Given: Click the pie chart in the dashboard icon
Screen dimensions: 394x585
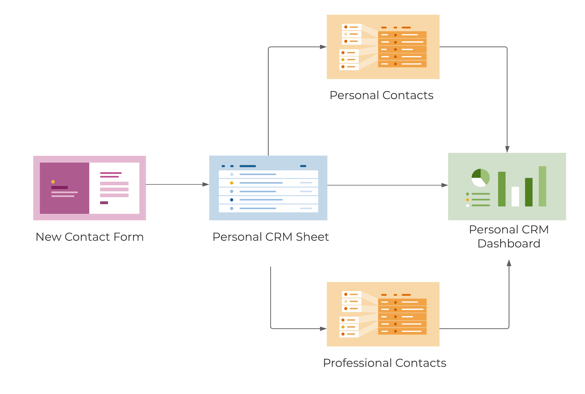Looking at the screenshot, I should (x=480, y=178).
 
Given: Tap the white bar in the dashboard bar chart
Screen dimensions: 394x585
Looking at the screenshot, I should (x=515, y=197).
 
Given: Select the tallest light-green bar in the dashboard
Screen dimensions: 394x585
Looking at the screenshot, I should (x=542, y=186).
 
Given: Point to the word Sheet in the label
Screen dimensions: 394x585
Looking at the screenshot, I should (x=312, y=237).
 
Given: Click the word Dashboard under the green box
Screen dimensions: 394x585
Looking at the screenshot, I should (x=509, y=244).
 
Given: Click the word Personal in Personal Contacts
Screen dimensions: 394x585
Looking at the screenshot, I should (x=354, y=95).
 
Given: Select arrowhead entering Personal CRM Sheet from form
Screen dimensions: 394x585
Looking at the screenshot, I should (x=206, y=185).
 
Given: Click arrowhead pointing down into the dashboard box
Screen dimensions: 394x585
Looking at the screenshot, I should (x=507, y=149).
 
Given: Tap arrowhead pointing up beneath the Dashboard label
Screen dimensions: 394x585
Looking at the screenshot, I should (x=509, y=263).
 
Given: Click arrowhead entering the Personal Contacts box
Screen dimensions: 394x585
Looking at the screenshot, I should (x=323, y=47).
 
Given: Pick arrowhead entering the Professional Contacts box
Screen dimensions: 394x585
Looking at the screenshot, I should (x=323, y=329).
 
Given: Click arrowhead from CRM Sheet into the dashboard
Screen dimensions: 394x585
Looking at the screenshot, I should (x=444, y=185).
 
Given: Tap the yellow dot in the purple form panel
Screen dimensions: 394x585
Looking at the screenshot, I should (x=53, y=182).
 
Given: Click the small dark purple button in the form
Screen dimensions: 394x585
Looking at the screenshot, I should (x=104, y=203).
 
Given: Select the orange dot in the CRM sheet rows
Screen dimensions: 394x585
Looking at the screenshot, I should (x=231, y=183).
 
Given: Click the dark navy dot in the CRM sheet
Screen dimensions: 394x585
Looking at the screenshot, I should (x=231, y=200).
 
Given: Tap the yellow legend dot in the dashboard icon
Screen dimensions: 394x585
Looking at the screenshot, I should (x=467, y=200).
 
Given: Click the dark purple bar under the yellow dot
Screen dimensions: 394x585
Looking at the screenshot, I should (x=60, y=187).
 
